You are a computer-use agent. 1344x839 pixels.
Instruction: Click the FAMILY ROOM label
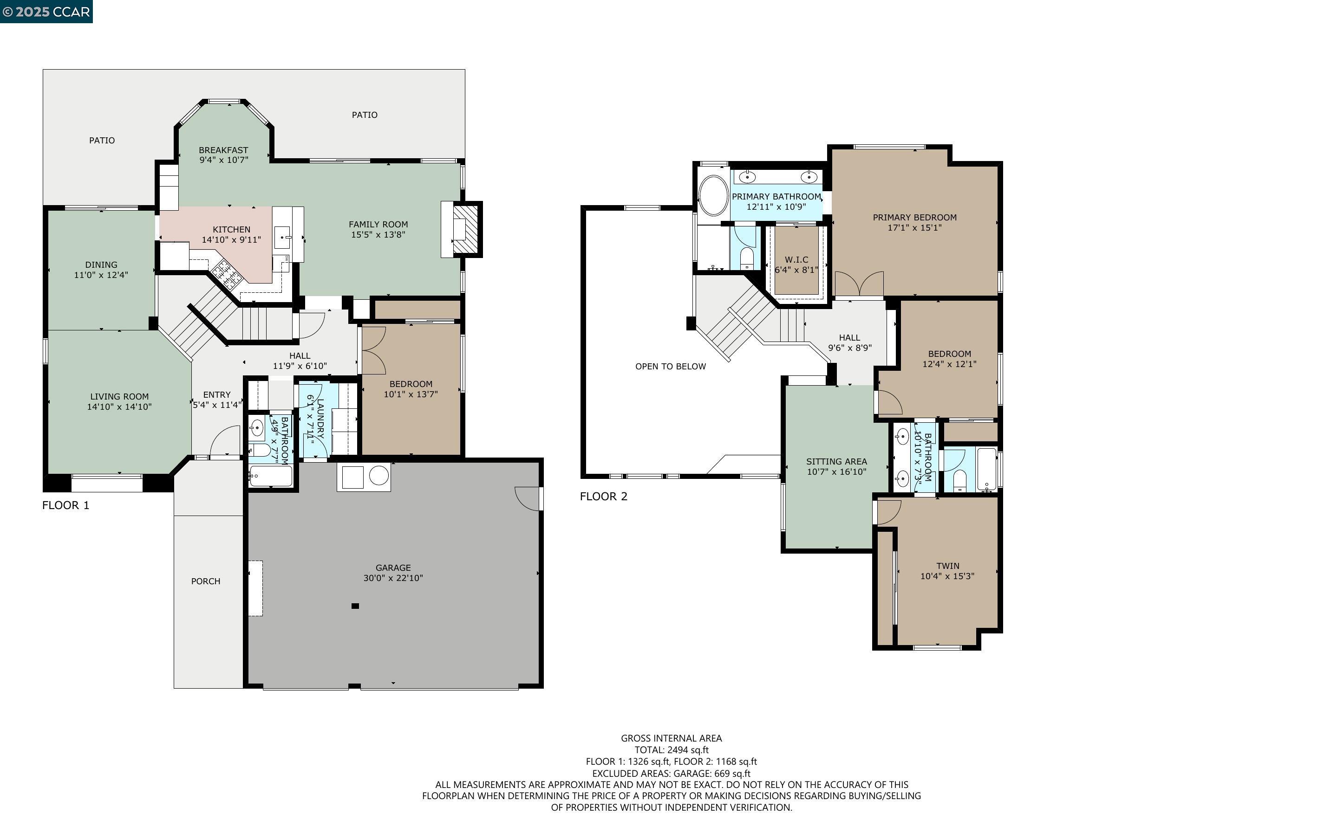tap(378, 224)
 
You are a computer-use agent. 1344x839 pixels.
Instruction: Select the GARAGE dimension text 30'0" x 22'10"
tap(393, 578)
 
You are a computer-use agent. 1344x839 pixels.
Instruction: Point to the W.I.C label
tap(796, 260)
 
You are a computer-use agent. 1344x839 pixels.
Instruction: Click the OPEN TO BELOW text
tap(671, 366)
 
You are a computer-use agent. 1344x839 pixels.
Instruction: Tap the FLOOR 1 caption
tap(65, 505)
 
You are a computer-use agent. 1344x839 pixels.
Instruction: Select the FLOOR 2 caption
tap(603, 496)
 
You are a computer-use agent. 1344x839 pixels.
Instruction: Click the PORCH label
tap(205, 581)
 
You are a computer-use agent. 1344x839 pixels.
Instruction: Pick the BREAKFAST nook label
tap(223, 150)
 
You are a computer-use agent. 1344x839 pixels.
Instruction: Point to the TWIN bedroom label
tap(948, 566)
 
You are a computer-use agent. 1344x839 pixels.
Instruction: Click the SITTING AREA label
tap(836, 462)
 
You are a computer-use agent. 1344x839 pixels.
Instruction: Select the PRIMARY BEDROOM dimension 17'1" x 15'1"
tap(914, 227)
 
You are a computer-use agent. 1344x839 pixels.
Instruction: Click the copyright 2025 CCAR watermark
tap(46, 12)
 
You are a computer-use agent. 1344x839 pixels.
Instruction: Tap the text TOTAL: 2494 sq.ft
tap(671, 749)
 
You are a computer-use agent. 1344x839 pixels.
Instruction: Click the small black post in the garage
tap(355, 606)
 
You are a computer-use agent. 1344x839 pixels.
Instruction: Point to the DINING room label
tap(101, 265)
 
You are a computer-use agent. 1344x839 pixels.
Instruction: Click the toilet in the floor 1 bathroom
tap(259, 449)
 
